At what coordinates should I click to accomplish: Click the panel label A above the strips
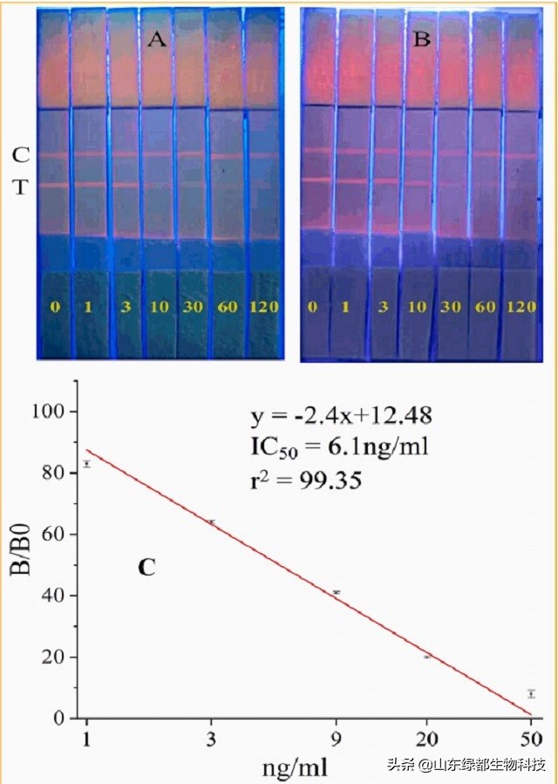point(157,39)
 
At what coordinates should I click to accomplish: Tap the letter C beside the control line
point(21,155)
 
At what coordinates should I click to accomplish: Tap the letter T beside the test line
point(21,186)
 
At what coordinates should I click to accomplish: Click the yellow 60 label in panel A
point(225,307)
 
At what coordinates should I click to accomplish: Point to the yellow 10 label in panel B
point(418,308)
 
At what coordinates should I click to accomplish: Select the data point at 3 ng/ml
point(211,522)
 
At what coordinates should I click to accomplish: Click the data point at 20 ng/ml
point(427,656)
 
